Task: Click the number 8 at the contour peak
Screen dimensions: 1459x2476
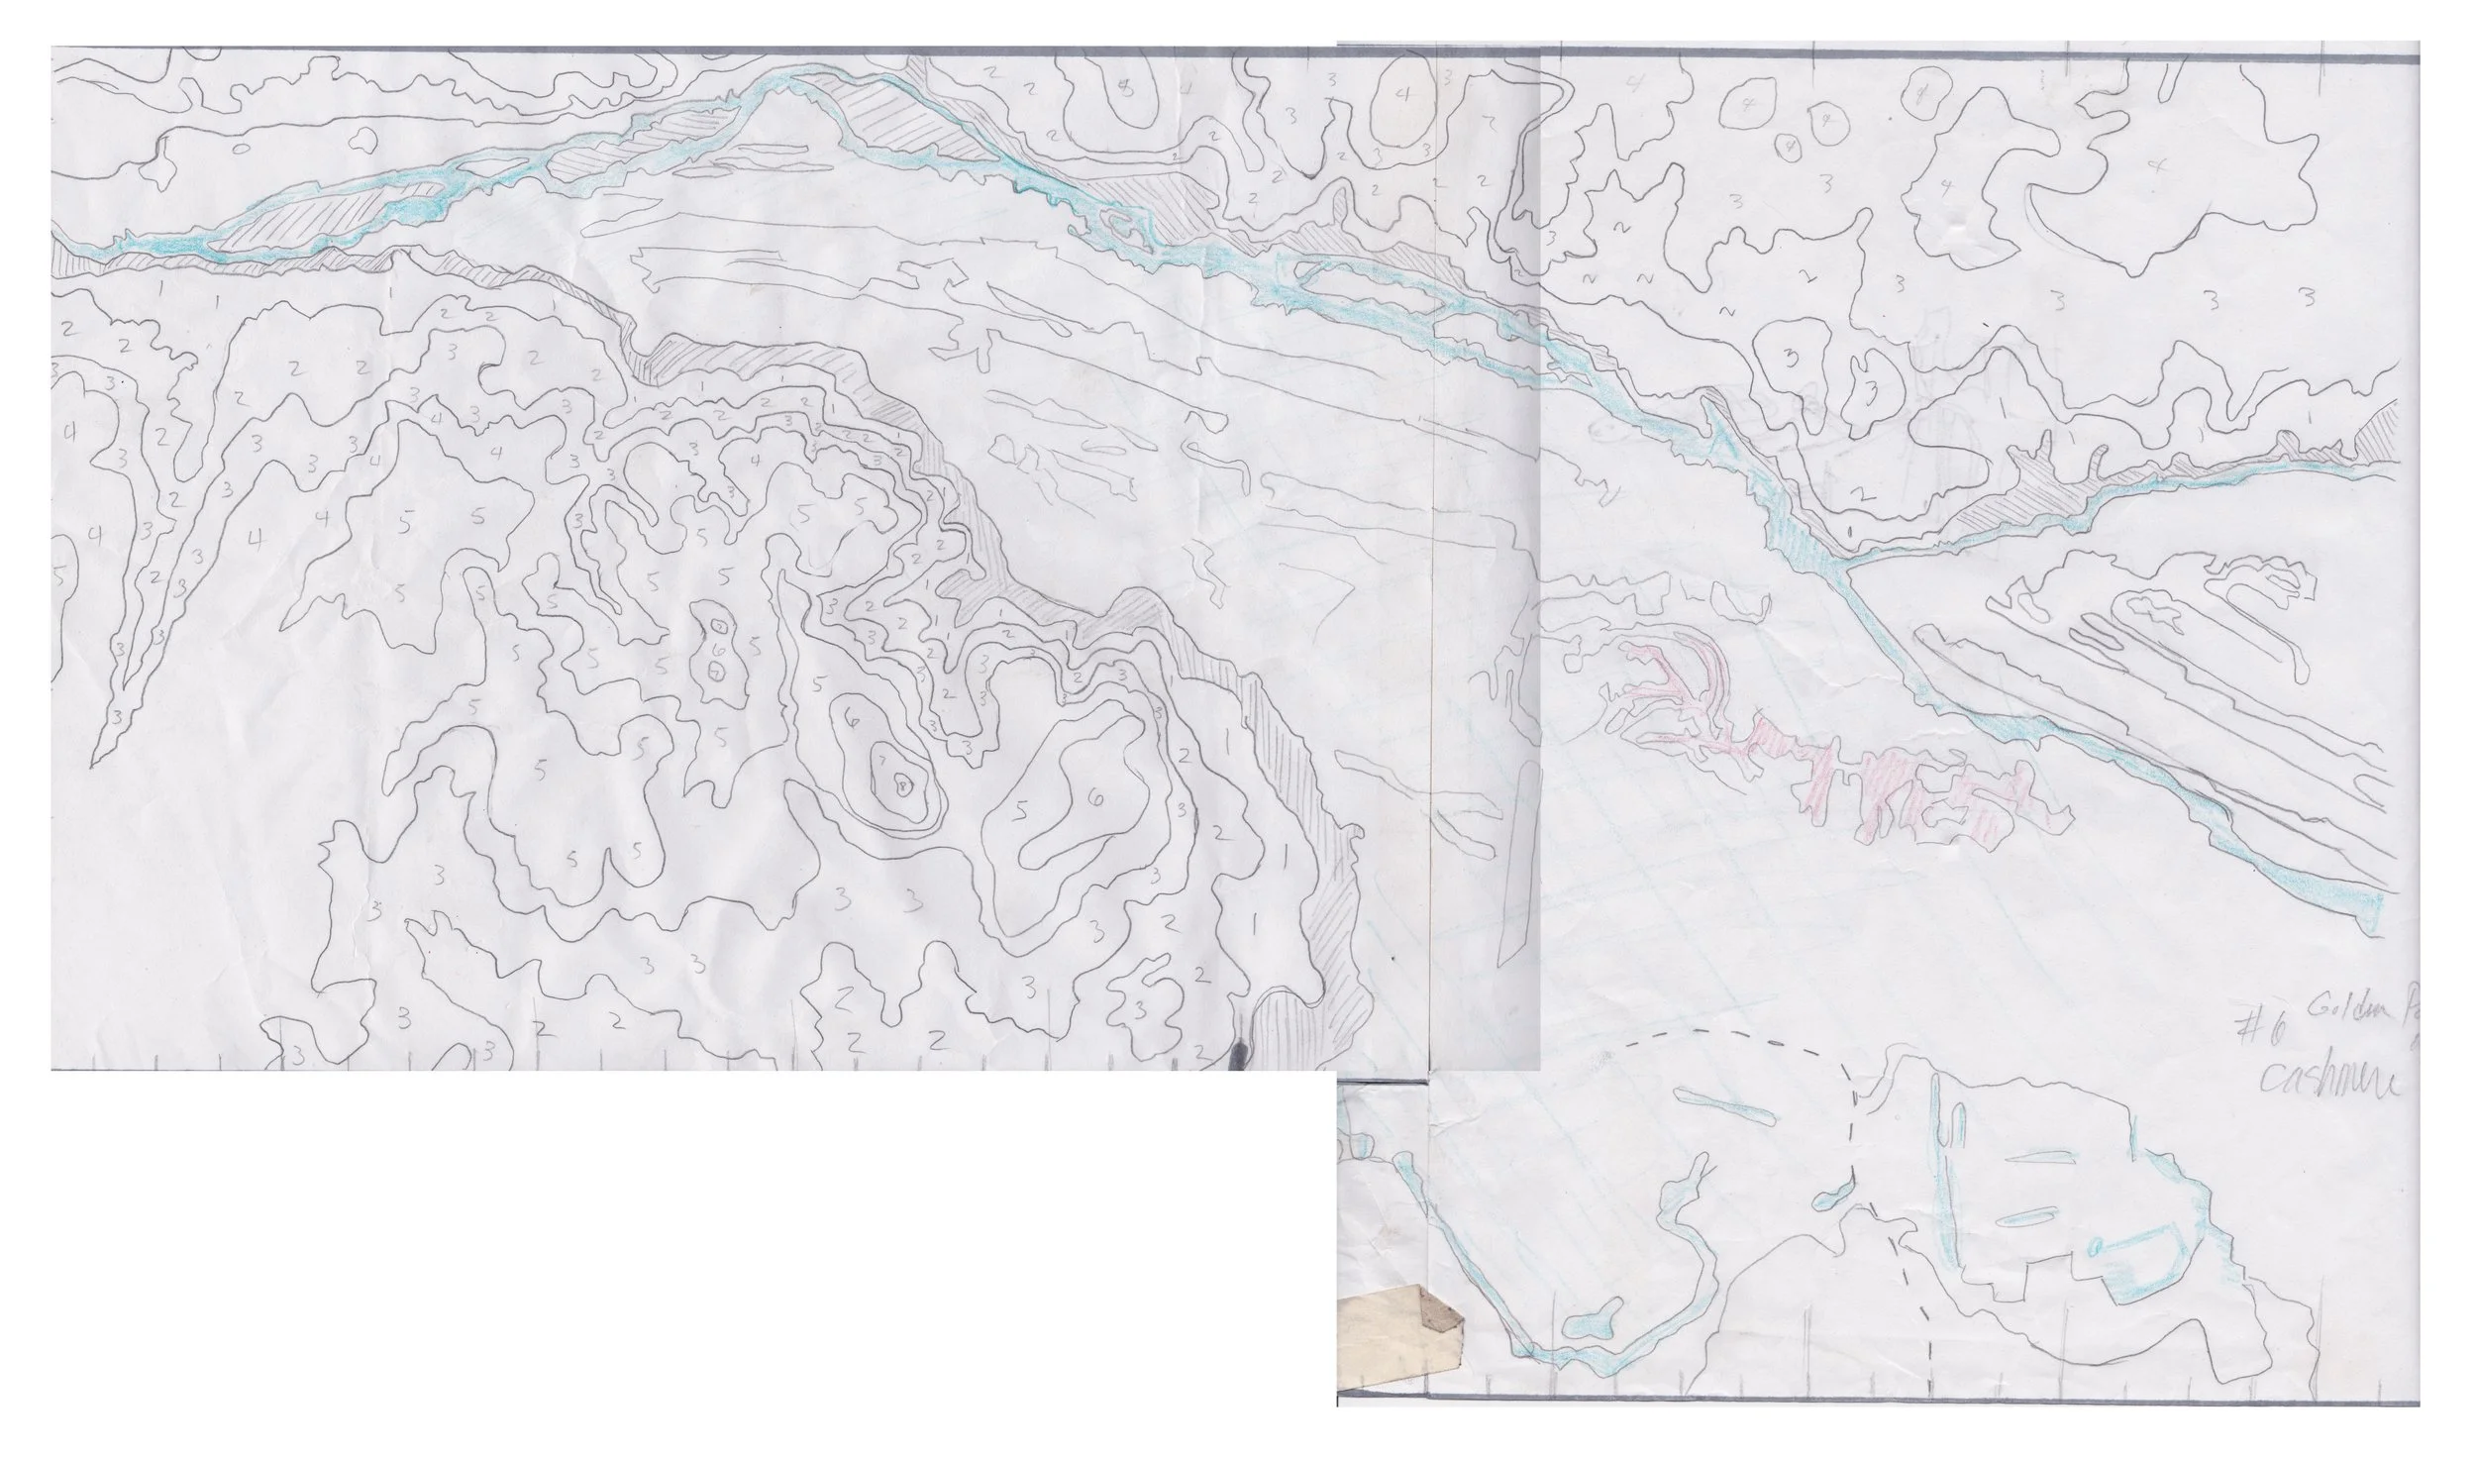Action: (x=899, y=784)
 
